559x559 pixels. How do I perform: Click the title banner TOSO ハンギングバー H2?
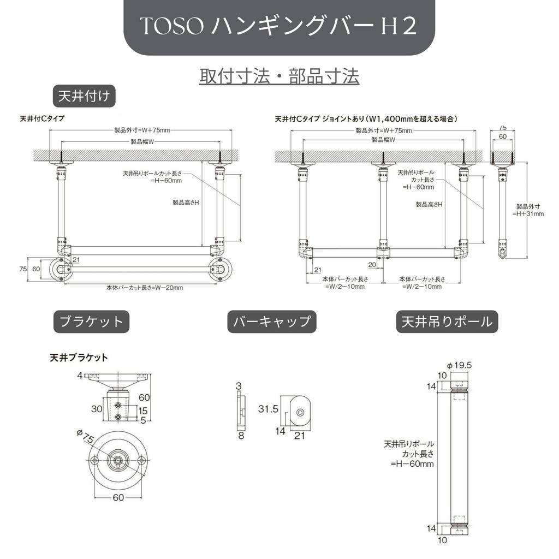[279, 27]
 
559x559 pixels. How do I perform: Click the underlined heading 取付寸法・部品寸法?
[279, 76]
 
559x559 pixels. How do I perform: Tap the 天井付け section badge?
[84, 97]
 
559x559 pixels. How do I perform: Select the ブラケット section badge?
[91, 322]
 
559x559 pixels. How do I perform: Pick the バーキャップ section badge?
[271, 322]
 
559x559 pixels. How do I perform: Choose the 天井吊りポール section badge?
[447, 322]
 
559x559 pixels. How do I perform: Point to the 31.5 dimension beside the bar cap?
[268, 409]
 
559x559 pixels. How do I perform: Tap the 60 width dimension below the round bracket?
[118, 497]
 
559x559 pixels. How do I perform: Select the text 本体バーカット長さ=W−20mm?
[145, 288]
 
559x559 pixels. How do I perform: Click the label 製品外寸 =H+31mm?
[528, 210]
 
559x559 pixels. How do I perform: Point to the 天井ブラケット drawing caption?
[79, 358]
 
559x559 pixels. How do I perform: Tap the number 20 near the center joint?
[372, 265]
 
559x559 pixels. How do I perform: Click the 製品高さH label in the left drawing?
[185, 203]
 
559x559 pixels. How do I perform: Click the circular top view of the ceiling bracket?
[118, 460]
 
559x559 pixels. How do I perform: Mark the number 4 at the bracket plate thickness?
[79, 376]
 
